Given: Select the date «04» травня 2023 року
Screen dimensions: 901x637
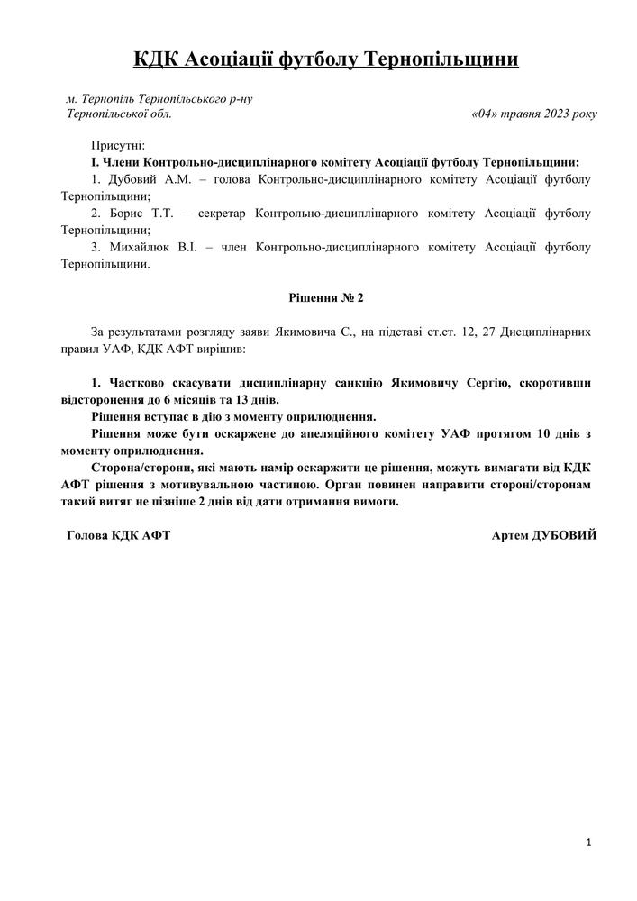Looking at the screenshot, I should [533, 114].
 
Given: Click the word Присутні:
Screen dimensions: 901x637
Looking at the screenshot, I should [118, 146].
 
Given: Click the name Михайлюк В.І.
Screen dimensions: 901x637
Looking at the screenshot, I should [146, 248].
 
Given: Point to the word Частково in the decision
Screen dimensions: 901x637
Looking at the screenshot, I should [134, 382].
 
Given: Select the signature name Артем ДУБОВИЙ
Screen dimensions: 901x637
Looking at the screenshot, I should [544, 535].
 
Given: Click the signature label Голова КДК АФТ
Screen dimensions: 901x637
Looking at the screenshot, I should [119, 535].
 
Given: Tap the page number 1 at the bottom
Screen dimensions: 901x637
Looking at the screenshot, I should [588, 842].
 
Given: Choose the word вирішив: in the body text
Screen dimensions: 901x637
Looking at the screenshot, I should [219, 348].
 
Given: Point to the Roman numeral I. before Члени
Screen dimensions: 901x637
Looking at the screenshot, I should [94, 162].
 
